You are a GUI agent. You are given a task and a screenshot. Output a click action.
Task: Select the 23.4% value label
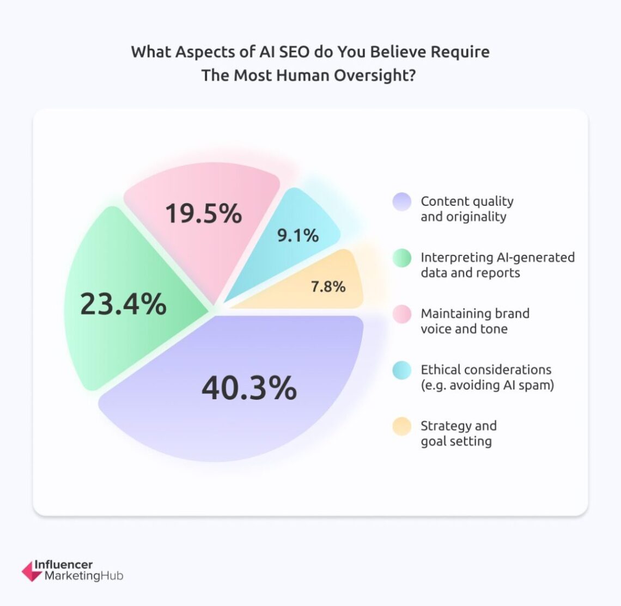[123, 304]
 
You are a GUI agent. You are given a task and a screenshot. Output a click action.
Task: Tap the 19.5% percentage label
[203, 213]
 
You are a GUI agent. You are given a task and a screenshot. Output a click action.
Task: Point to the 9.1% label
[298, 235]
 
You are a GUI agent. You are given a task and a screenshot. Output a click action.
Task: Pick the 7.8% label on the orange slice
[328, 286]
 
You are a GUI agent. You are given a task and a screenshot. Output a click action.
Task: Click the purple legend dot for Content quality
[402, 201]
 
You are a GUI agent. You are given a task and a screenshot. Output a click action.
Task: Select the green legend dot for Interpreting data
[402, 258]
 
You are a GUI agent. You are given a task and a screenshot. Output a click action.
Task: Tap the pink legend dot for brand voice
[402, 314]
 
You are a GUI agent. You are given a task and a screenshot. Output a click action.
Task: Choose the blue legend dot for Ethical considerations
[402, 370]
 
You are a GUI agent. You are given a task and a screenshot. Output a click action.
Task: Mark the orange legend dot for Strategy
[402, 426]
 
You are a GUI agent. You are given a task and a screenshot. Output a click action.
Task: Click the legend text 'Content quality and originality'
[467, 209]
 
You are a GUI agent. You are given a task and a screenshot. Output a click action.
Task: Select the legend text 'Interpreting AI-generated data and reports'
[497, 265]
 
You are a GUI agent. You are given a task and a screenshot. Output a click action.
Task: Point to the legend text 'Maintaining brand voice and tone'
[474, 321]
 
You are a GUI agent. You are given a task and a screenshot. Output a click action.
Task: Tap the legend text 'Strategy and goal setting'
[458, 433]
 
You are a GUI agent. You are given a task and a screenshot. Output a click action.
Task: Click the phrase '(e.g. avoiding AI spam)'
[487, 385]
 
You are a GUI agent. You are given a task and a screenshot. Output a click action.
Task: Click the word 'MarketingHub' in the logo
[84, 576]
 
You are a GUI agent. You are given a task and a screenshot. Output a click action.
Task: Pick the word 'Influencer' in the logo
[64, 565]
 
